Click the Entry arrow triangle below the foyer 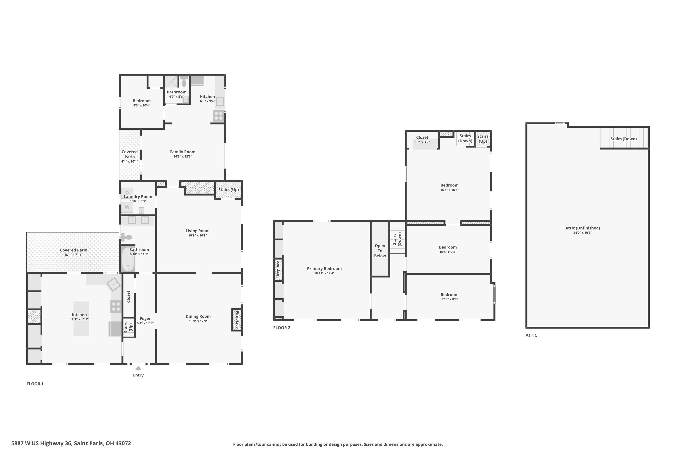[138, 368]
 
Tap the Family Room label [183, 152]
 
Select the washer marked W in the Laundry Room [127, 207]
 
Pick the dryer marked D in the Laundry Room [127, 193]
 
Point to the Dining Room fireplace [237, 320]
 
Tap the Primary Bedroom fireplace [278, 269]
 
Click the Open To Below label [380, 251]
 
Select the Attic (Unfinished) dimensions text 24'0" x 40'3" [582, 233]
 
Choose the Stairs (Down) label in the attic [623, 139]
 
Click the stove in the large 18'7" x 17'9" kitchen [116, 306]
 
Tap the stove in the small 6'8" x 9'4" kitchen [218, 116]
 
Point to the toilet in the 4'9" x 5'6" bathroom [184, 81]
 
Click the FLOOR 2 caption [282, 328]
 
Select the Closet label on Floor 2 [422, 138]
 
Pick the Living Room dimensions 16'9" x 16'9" [197, 235]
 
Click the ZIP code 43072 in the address [123, 443]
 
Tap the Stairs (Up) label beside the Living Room [228, 190]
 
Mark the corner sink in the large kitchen [114, 284]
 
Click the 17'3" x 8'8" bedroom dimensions [450, 299]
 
